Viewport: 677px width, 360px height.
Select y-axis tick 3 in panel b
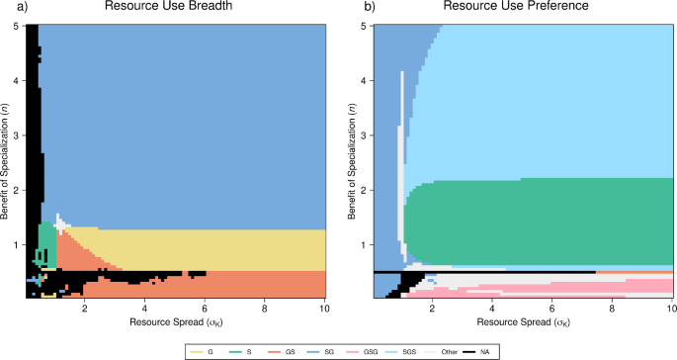click(365, 135)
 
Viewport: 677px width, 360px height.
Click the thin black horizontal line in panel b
click(494, 271)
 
